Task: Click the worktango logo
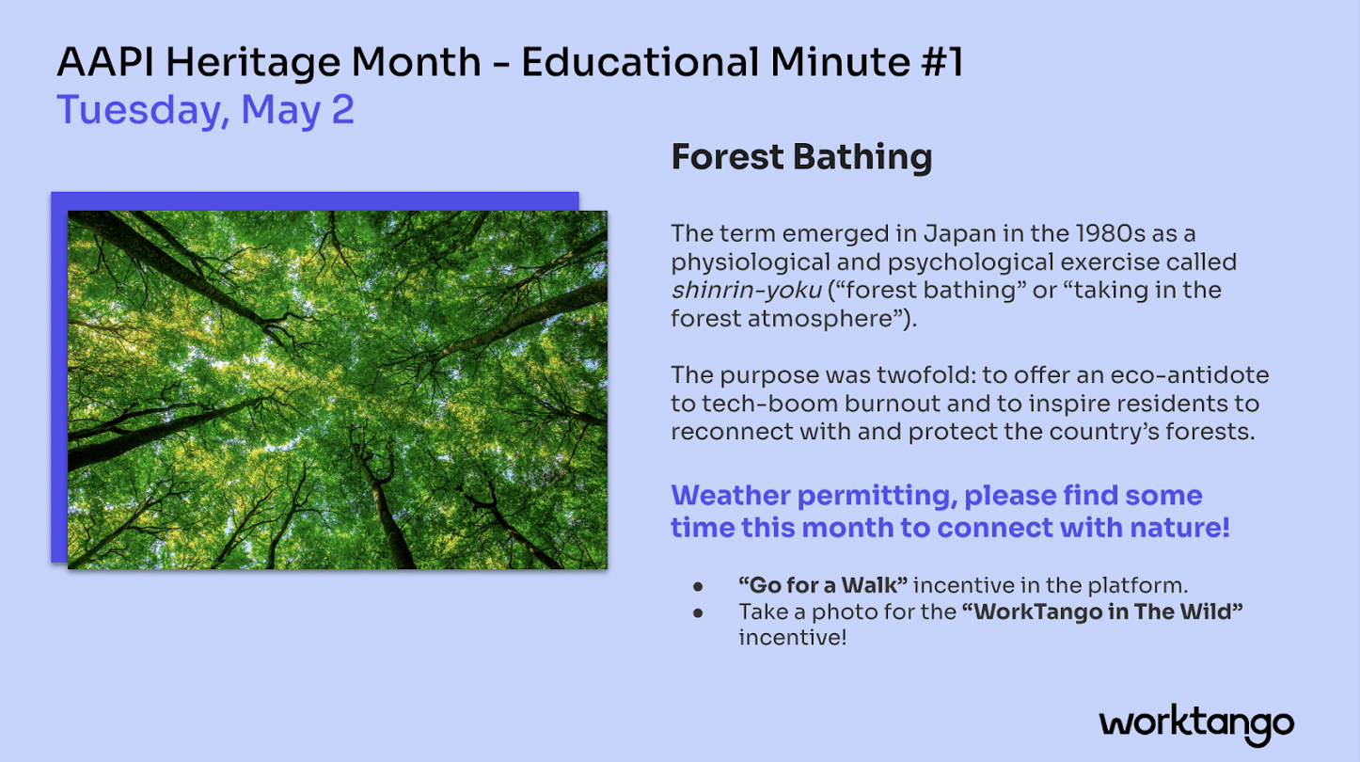click(x=1196, y=724)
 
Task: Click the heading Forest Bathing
click(x=801, y=158)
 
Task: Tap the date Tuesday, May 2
click(x=205, y=110)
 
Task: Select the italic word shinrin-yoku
click(x=746, y=291)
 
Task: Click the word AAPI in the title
click(x=105, y=62)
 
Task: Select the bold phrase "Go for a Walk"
click(x=823, y=585)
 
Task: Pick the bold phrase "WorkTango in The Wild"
click(x=1102, y=611)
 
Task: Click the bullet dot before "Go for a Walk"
click(x=698, y=586)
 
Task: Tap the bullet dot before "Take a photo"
click(x=698, y=613)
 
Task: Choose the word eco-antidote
click(x=1190, y=375)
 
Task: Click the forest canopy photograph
click(x=338, y=389)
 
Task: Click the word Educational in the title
click(x=640, y=62)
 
